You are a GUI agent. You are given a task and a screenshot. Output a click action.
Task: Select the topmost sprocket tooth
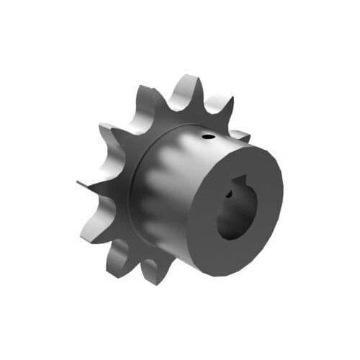[x=188, y=85]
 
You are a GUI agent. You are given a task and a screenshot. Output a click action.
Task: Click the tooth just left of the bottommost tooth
[x=119, y=256]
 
